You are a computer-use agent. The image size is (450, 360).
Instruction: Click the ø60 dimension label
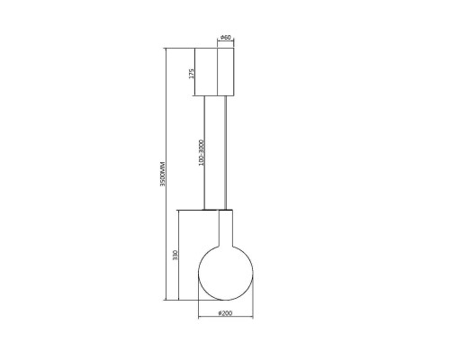point(226,38)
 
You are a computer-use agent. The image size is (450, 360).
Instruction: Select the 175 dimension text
point(192,74)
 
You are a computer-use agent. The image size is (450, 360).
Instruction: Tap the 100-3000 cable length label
point(201,153)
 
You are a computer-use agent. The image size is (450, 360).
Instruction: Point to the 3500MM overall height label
point(163,175)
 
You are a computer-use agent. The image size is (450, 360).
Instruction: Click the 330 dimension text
point(175,255)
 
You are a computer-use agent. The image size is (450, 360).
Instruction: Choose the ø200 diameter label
point(225,313)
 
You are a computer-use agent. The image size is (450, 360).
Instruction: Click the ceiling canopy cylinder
point(225,72)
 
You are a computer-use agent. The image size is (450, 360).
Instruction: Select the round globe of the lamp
point(226,273)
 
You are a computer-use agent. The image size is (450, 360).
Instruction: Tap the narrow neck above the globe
point(226,228)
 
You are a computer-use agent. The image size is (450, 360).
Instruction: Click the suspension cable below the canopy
point(226,153)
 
